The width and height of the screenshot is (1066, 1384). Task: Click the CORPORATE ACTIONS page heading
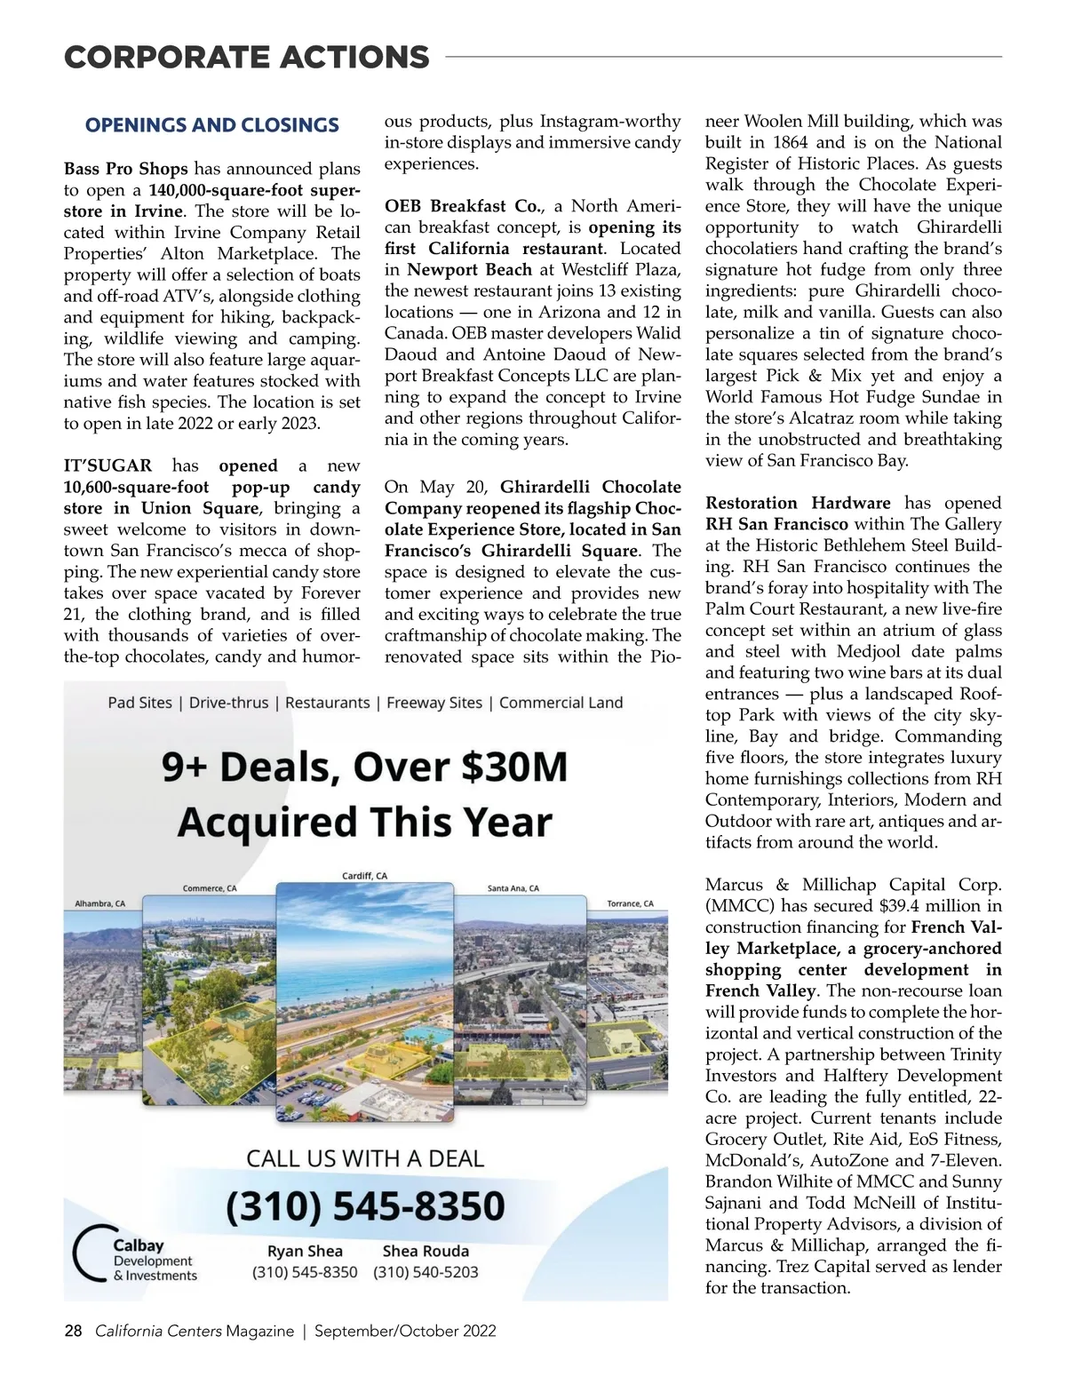[x=246, y=58]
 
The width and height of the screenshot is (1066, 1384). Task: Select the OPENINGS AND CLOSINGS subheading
[x=211, y=125]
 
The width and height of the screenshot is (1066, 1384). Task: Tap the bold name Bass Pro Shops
[x=125, y=169]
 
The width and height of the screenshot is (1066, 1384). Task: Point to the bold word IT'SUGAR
[x=107, y=465]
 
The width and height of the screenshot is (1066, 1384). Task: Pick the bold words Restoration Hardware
[x=797, y=503]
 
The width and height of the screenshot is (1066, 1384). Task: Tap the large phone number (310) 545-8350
[x=365, y=1205]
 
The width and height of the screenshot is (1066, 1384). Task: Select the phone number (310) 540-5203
[x=426, y=1272]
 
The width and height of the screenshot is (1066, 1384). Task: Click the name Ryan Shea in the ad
[x=305, y=1251]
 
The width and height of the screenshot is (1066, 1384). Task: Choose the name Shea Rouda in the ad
[x=426, y=1251]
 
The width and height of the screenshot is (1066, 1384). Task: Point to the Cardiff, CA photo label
[x=365, y=876]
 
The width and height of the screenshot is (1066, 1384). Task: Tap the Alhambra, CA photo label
[x=99, y=903]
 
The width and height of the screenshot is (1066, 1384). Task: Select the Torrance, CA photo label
[x=630, y=903]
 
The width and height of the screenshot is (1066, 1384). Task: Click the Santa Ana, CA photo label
[x=513, y=888]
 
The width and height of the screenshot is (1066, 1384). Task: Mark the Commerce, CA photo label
[x=210, y=888]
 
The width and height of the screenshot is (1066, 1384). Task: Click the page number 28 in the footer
[x=73, y=1331]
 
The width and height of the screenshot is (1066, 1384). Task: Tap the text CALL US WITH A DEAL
[x=365, y=1158]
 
